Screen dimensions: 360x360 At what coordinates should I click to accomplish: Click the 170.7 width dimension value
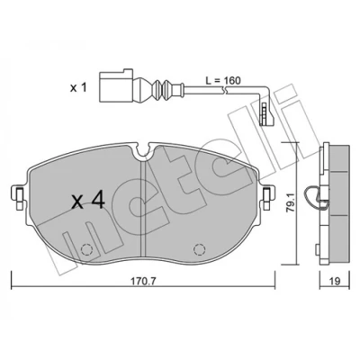coord(139,282)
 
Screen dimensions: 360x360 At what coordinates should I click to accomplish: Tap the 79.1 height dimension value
coord(290,202)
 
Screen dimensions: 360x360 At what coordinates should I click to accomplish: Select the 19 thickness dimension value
coord(335,282)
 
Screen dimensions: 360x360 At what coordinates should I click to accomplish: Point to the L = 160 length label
coord(223,80)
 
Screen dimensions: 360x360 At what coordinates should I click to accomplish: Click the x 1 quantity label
coord(78,88)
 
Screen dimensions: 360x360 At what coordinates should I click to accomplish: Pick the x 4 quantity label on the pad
coord(88,201)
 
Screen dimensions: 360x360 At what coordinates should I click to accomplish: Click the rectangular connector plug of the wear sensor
coord(115,85)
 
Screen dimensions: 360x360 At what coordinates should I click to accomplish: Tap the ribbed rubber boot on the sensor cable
coord(161,87)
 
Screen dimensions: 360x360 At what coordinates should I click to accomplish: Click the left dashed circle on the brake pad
coord(86,249)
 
